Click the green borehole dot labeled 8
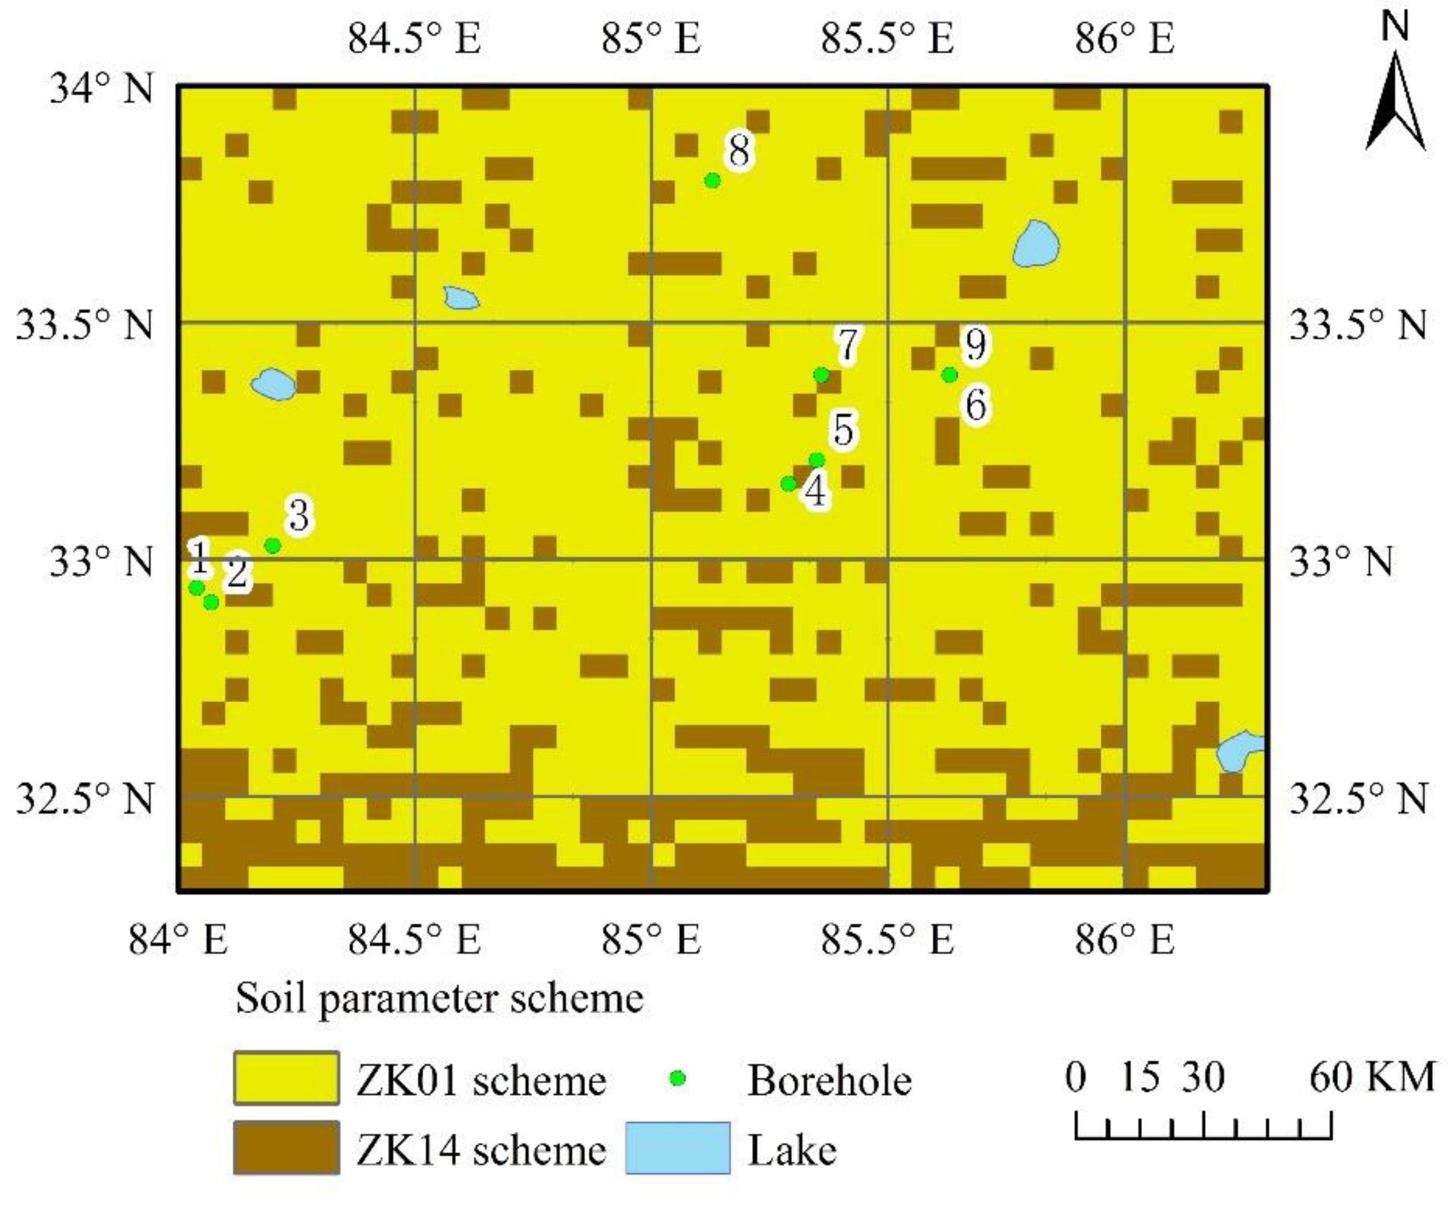(713, 181)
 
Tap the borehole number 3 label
(299, 515)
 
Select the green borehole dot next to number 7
(821, 375)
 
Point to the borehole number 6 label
(976, 405)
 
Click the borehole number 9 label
(975, 344)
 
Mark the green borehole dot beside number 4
(788, 484)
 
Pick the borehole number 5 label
(844, 429)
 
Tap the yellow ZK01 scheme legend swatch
(286, 1078)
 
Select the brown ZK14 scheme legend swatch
(286, 1147)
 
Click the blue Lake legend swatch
(678, 1148)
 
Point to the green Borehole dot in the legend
(678, 1078)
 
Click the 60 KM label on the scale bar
(1372, 1077)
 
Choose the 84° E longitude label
(178, 940)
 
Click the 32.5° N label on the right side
(1358, 799)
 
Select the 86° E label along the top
(1125, 39)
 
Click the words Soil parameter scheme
(439, 998)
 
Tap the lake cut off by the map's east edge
(1241, 751)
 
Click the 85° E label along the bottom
(651, 940)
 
